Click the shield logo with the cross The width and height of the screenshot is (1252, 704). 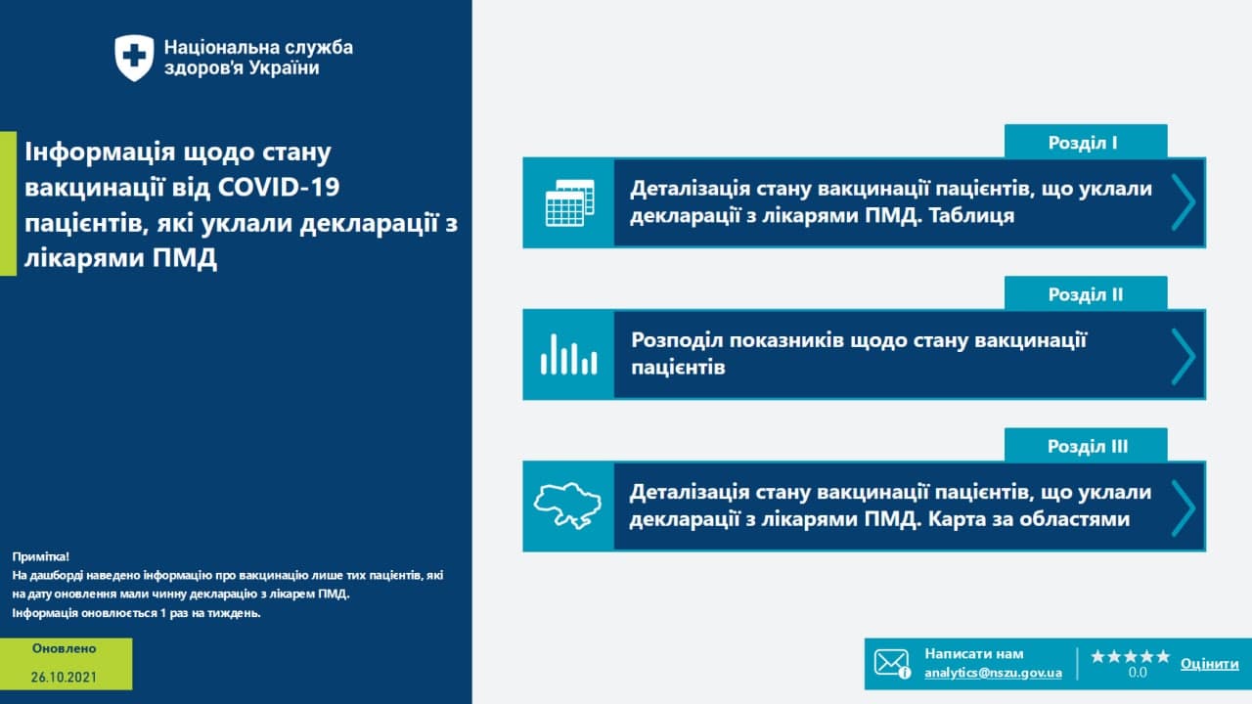point(134,58)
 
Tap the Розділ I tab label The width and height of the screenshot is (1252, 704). point(1083,143)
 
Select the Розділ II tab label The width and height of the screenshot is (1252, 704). point(1086,294)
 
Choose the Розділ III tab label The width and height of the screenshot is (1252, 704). point(1087,447)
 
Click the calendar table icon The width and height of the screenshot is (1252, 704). point(569,202)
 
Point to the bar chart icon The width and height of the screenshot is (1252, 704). point(569,354)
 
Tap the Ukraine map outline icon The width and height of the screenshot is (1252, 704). point(567,506)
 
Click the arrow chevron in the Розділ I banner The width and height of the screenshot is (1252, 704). point(1184,202)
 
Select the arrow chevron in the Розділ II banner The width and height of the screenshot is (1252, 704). point(1184,357)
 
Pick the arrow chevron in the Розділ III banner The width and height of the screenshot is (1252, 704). point(1184,507)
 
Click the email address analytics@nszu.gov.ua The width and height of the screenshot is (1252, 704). point(993,673)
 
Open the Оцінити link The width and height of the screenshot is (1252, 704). point(1210,664)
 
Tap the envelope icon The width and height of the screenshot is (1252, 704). point(892,663)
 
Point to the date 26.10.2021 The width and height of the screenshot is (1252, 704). point(64,678)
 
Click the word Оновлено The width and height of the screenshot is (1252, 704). point(64,648)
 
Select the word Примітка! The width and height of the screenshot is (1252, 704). point(41,556)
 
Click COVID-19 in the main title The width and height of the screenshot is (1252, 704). point(279,187)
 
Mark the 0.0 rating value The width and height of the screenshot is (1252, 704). point(1138,672)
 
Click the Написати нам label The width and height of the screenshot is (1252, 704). point(974,654)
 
